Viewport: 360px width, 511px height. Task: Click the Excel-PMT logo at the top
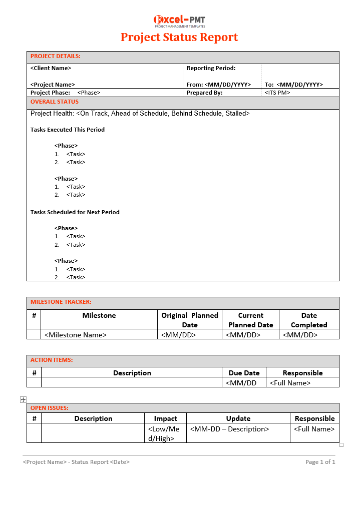tap(179, 21)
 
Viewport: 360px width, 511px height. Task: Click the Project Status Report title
tap(179, 38)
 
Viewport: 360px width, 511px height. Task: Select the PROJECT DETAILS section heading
tap(56, 57)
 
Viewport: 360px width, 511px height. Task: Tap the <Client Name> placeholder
tap(51, 68)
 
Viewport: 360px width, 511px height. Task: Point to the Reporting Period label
tap(211, 68)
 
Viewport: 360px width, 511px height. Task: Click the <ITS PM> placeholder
tap(277, 93)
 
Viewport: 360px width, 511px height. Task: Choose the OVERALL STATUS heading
tap(55, 102)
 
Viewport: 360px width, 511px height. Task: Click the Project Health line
tap(140, 114)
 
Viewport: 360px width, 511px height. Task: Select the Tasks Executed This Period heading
tap(68, 130)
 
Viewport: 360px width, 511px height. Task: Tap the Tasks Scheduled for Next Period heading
tap(75, 212)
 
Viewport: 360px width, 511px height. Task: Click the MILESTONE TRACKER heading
tap(61, 302)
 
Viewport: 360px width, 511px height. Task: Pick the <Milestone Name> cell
tap(76, 335)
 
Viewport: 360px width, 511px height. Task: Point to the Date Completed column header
tap(309, 320)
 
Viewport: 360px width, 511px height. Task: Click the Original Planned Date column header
tap(190, 320)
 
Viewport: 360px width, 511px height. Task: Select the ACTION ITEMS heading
tap(52, 360)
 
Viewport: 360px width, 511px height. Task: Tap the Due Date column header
tap(244, 373)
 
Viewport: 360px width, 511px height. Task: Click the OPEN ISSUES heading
tap(50, 408)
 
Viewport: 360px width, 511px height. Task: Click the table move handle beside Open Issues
tap(23, 399)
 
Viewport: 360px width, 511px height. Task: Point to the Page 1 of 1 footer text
tap(320, 462)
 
